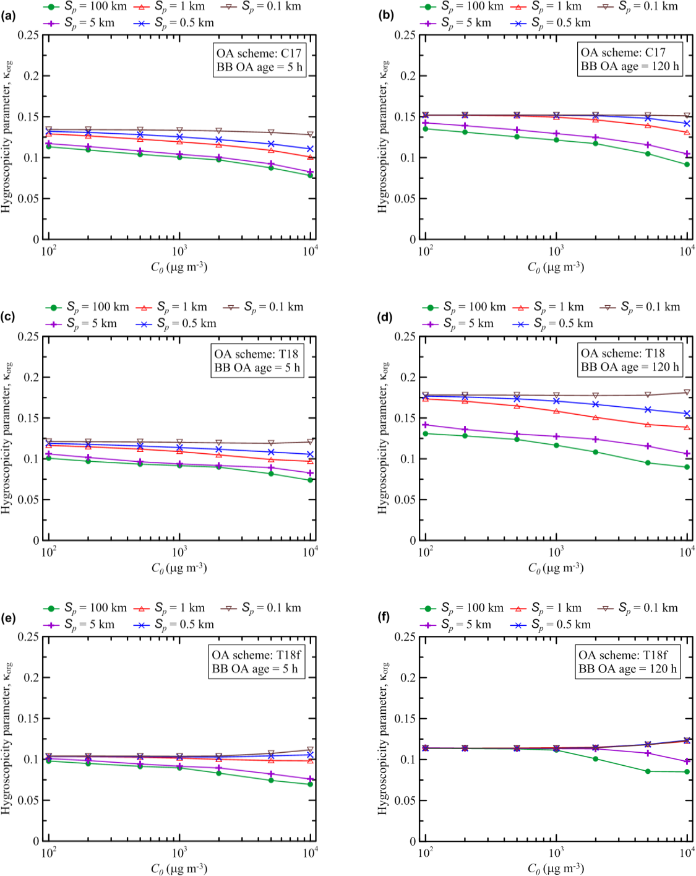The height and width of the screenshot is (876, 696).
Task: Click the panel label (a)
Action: [x=9, y=15]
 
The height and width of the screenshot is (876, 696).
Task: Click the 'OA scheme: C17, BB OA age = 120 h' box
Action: [x=629, y=59]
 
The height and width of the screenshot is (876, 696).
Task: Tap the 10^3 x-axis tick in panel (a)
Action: [x=179, y=251]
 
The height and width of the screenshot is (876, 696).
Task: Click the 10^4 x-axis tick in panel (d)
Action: [x=687, y=552]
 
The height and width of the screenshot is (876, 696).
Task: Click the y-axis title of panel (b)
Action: [x=383, y=137]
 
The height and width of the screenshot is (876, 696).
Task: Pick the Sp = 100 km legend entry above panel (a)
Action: [x=85, y=7]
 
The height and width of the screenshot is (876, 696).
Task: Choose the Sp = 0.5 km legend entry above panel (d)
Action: [x=552, y=324]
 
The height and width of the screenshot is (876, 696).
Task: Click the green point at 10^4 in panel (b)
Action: [x=687, y=165]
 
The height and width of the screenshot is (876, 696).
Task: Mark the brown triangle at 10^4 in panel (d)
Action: [x=687, y=392]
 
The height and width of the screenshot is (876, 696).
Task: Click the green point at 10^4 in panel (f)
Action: [x=687, y=772]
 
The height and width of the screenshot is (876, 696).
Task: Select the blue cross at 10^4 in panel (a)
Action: [x=310, y=149]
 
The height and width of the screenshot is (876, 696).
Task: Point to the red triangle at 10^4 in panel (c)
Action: [x=310, y=461]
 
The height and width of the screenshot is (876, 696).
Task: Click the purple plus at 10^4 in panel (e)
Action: [x=310, y=779]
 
